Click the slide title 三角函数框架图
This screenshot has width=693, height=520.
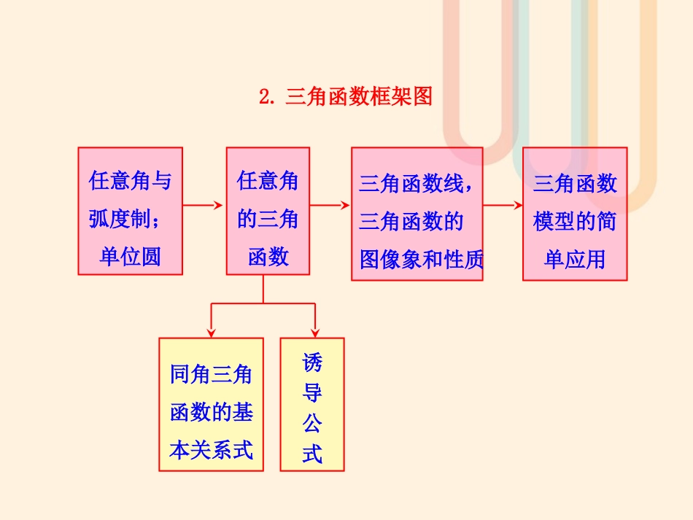click(359, 96)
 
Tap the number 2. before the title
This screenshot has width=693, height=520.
click(268, 96)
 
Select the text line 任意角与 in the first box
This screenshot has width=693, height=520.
click(130, 180)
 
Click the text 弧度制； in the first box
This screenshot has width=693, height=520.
click(130, 218)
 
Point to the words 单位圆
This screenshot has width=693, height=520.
click(130, 256)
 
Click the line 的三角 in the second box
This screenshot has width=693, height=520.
click(268, 218)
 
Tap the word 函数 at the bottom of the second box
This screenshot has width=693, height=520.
click(268, 256)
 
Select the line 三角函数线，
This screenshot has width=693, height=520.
click(416, 183)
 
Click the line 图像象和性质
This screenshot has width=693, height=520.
click(421, 259)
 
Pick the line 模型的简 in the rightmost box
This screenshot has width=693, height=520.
click(575, 221)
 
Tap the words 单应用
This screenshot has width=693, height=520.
click(575, 259)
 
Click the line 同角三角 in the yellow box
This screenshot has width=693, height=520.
click(211, 375)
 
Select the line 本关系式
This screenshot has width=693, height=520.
click(211, 450)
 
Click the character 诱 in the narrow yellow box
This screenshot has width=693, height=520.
click(312, 362)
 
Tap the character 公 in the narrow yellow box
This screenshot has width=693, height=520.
click(312, 423)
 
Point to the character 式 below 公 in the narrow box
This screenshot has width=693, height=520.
click(312, 454)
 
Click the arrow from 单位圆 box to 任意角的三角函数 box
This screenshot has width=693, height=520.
click(204, 205)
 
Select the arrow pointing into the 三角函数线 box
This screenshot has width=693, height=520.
click(330, 205)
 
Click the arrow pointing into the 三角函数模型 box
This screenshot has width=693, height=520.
click(503, 205)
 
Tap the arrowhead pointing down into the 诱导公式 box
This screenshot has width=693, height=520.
click(315, 331)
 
